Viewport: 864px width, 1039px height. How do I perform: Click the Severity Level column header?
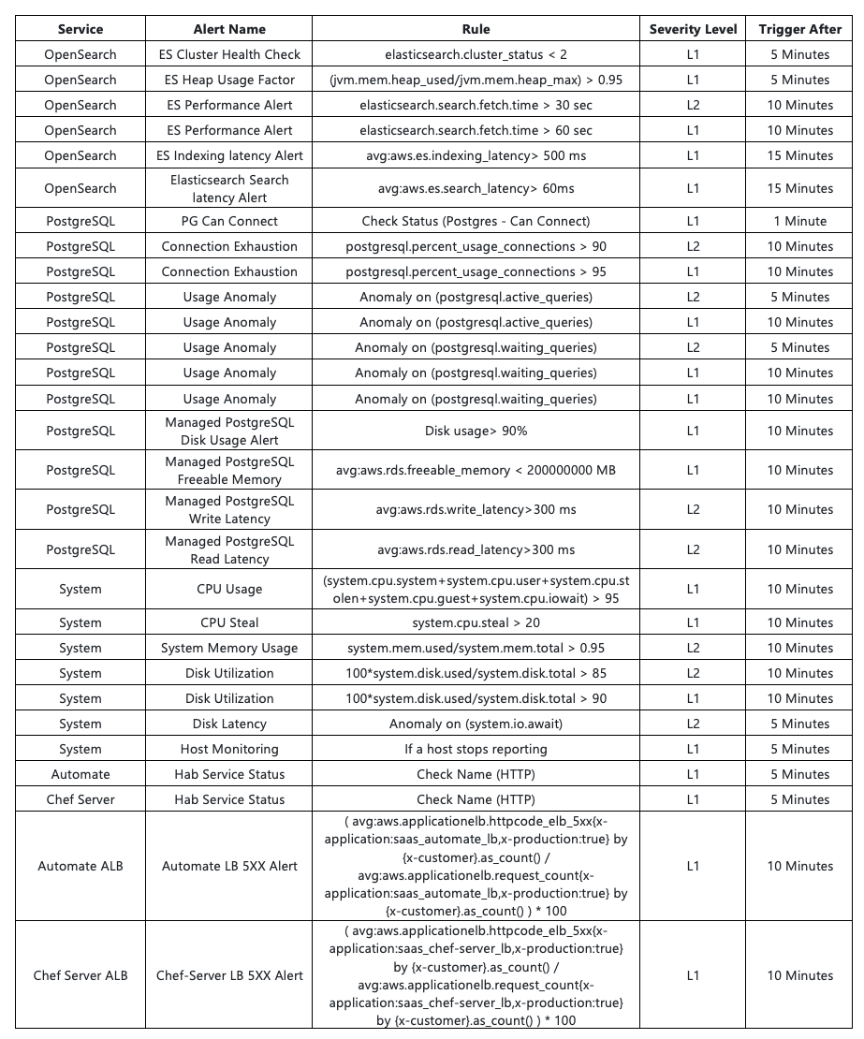point(693,29)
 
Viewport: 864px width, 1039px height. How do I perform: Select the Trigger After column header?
point(799,29)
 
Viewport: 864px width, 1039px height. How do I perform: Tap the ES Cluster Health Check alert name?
point(229,55)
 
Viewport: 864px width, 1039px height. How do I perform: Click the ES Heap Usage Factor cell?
point(229,80)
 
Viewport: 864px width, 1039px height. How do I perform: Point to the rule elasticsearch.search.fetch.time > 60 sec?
point(476,131)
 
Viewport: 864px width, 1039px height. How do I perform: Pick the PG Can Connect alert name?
point(229,222)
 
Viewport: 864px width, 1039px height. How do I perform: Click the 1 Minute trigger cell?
point(799,222)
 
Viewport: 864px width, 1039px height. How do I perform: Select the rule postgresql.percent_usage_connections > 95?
point(476,272)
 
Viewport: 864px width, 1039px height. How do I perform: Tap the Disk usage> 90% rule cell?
point(476,432)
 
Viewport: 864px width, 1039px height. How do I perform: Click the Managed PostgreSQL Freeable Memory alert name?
point(229,471)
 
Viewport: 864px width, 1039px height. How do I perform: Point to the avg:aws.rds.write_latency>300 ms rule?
point(476,510)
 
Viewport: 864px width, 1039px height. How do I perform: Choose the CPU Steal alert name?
point(229,623)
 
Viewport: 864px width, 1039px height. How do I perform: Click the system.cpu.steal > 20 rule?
point(476,623)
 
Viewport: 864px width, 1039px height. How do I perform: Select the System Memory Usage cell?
point(229,649)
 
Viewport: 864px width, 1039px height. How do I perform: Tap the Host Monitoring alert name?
point(229,750)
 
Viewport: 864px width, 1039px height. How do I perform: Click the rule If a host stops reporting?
point(476,750)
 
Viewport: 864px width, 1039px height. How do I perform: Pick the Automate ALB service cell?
point(81,867)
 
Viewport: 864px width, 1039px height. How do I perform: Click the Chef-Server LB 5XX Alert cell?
point(229,976)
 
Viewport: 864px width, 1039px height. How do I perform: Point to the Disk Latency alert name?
point(229,724)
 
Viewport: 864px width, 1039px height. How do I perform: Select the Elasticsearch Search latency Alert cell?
point(229,189)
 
